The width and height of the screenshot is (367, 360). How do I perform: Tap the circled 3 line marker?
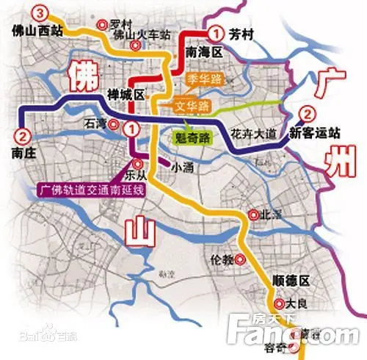[x=41, y=12]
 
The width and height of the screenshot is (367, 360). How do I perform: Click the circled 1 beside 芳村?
[x=215, y=32]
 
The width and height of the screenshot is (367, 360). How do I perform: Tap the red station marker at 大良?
[x=280, y=303]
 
